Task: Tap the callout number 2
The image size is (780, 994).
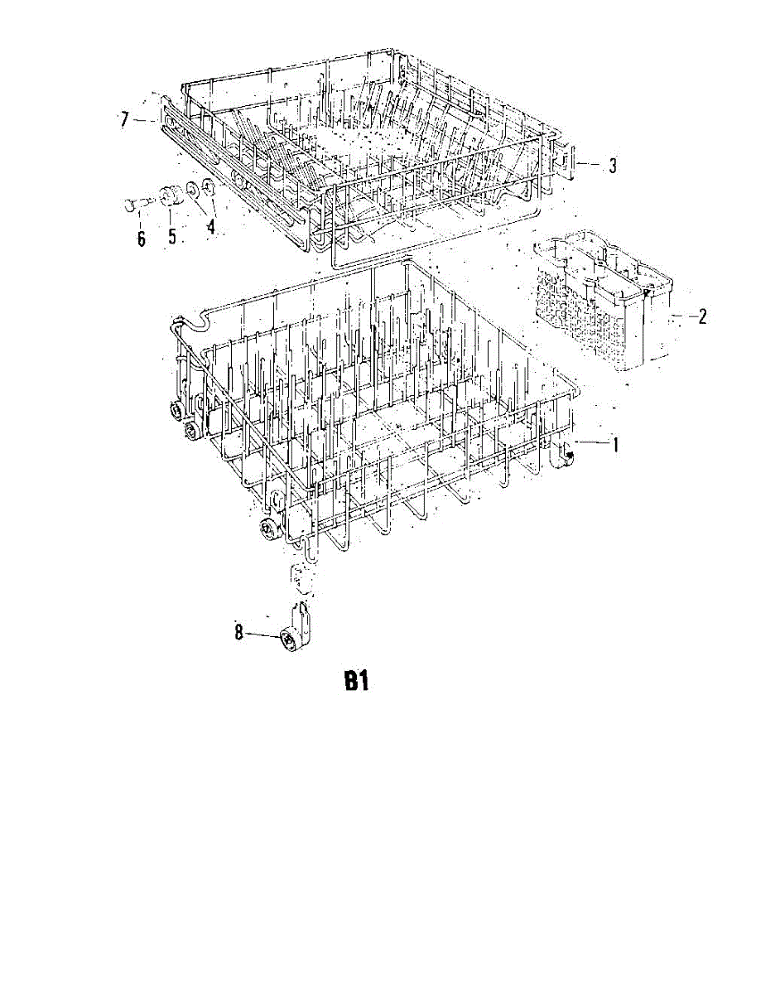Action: (702, 316)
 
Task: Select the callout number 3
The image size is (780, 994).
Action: (612, 166)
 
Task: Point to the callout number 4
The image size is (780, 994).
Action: (211, 226)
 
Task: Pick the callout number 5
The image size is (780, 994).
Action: (172, 236)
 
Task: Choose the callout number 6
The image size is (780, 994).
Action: (141, 239)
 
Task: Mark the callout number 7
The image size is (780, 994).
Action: (124, 121)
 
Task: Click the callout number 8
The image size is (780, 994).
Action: (238, 633)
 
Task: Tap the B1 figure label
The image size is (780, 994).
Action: (355, 683)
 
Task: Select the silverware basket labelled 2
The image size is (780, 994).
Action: (603, 303)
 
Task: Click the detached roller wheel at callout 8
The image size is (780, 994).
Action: (288, 639)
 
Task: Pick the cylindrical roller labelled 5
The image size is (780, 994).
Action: (171, 196)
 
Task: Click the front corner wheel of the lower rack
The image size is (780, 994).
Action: (267, 530)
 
